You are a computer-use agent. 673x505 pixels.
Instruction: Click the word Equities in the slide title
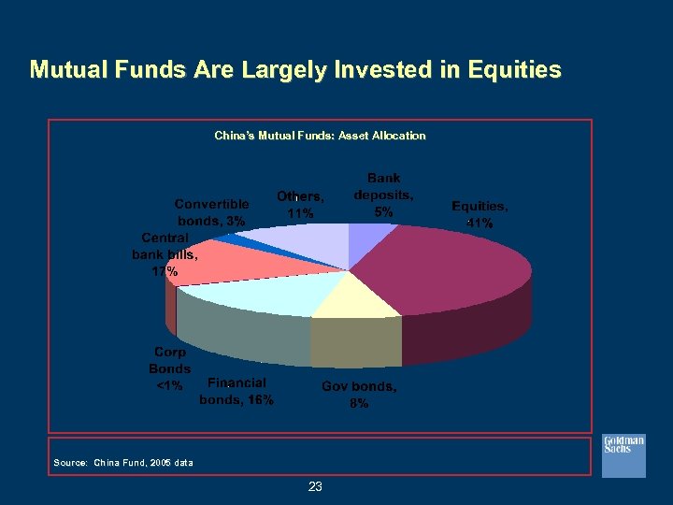(x=511, y=70)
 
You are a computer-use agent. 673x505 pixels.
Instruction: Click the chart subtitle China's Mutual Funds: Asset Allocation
(x=320, y=136)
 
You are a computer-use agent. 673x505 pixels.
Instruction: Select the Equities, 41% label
(x=480, y=214)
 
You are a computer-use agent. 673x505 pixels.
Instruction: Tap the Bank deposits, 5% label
(x=383, y=195)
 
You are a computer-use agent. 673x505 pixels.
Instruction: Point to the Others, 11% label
(x=300, y=205)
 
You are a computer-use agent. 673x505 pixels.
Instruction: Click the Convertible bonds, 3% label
(x=212, y=212)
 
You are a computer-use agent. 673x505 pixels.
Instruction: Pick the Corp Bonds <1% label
(x=170, y=368)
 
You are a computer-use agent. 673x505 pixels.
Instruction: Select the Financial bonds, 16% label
(x=236, y=391)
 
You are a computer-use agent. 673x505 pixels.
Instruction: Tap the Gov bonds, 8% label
(x=359, y=395)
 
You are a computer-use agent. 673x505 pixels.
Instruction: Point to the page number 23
(x=315, y=486)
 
